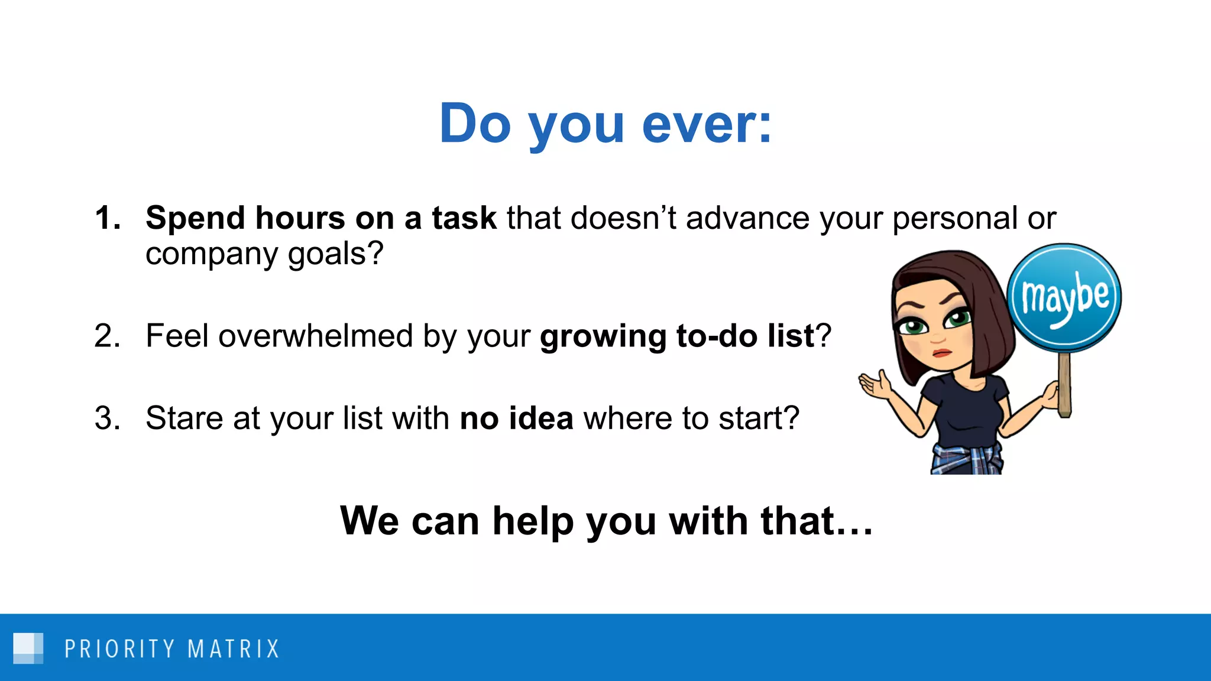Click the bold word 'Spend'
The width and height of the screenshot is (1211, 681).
pyautogui.click(x=195, y=219)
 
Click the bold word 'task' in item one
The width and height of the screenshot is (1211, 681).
pyautogui.click(x=464, y=218)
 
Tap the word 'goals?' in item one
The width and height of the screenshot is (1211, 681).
pyautogui.click(x=335, y=255)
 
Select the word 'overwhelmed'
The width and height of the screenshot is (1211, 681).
pyautogui.click(x=315, y=336)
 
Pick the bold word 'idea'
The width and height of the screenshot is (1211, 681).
pyautogui.click(x=541, y=419)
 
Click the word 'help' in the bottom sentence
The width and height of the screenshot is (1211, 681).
pyautogui.click(x=533, y=521)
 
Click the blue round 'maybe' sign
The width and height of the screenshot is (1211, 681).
pyautogui.click(x=1064, y=297)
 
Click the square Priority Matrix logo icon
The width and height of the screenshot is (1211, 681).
pyautogui.click(x=28, y=648)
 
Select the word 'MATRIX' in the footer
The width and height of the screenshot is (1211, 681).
pyautogui.click(x=233, y=649)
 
